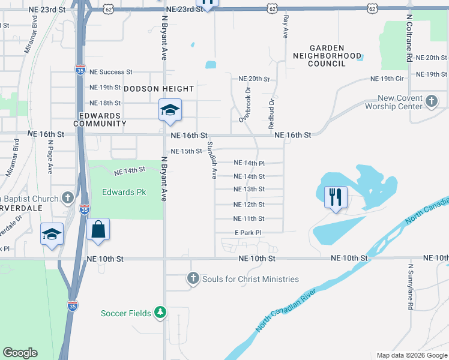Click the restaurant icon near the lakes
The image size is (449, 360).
click(x=336, y=197)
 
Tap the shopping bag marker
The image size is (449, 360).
click(x=98, y=229)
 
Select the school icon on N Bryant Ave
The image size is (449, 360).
click(x=169, y=110)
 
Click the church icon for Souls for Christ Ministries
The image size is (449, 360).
click(x=193, y=278)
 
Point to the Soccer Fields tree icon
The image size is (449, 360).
click(x=160, y=313)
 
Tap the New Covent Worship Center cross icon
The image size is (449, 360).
click(x=431, y=102)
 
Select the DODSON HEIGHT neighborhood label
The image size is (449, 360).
click(x=158, y=89)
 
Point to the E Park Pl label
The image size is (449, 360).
click(x=249, y=233)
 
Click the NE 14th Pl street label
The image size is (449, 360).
click(x=249, y=163)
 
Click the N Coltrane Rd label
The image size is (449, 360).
click(x=409, y=38)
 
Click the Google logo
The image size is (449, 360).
click(x=20, y=353)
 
